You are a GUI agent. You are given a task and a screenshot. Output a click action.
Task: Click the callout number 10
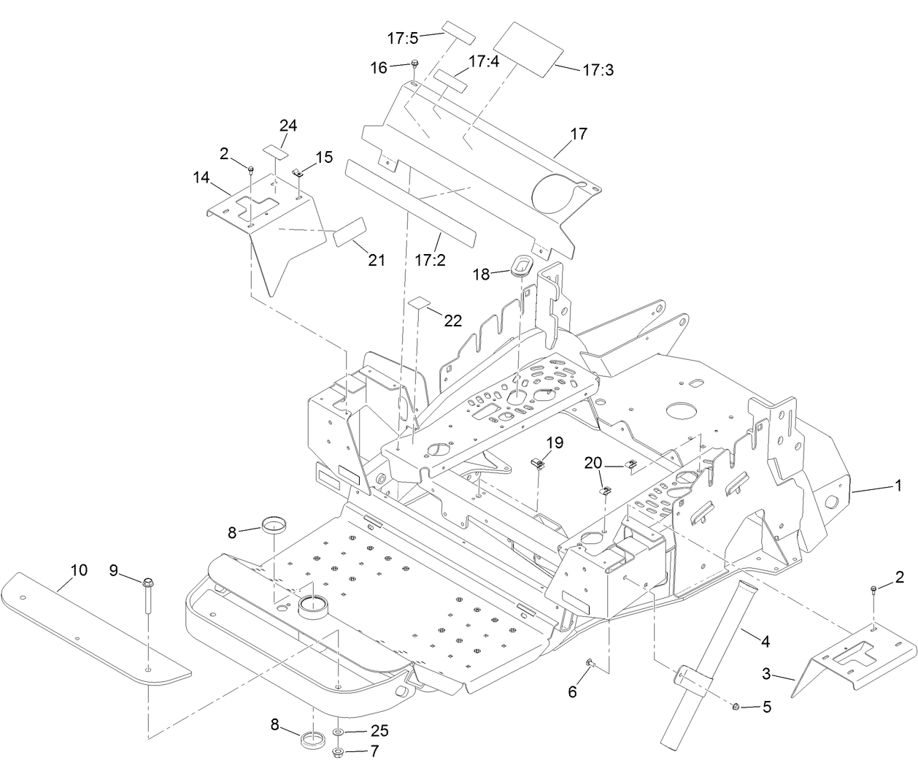[78, 570]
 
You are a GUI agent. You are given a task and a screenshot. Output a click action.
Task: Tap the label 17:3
[598, 70]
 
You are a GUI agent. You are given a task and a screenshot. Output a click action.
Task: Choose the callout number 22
[452, 321]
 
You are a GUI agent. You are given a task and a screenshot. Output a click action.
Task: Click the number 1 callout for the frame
[898, 485]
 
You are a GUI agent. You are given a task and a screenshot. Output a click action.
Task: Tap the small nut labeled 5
[736, 706]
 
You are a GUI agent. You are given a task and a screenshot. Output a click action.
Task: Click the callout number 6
[572, 691]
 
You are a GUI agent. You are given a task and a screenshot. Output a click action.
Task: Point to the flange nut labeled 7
[340, 751]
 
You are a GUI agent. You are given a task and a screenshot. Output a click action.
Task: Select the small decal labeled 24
[276, 151]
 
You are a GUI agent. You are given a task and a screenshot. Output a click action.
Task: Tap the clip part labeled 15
[298, 173]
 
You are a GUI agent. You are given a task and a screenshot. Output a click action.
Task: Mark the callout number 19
[555, 442]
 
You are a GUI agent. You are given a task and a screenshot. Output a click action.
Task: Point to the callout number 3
[765, 675]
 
